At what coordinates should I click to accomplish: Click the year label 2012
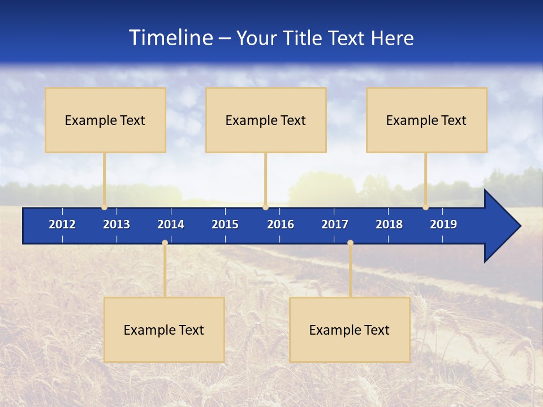(x=62, y=224)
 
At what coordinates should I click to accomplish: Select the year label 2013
(x=117, y=224)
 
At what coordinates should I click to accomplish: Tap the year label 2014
(x=171, y=224)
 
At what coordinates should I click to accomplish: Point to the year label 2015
(x=225, y=224)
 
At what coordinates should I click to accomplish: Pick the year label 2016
(x=281, y=224)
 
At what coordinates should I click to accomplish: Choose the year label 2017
(x=335, y=224)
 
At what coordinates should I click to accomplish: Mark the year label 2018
(x=389, y=224)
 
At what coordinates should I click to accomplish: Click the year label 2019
(x=443, y=224)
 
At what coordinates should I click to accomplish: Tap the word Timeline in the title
(x=170, y=38)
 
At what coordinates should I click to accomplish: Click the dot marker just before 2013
(x=104, y=207)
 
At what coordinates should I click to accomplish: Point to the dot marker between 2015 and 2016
(x=265, y=207)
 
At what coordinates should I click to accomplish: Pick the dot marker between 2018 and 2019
(x=425, y=207)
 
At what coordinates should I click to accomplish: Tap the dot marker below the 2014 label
(x=165, y=243)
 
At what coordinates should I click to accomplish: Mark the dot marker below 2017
(x=350, y=243)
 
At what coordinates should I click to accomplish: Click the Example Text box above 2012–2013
(x=105, y=120)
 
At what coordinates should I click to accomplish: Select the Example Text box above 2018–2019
(x=426, y=120)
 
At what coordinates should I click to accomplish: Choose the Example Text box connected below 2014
(x=164, y=330)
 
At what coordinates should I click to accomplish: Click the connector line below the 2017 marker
(x=350, y=271)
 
